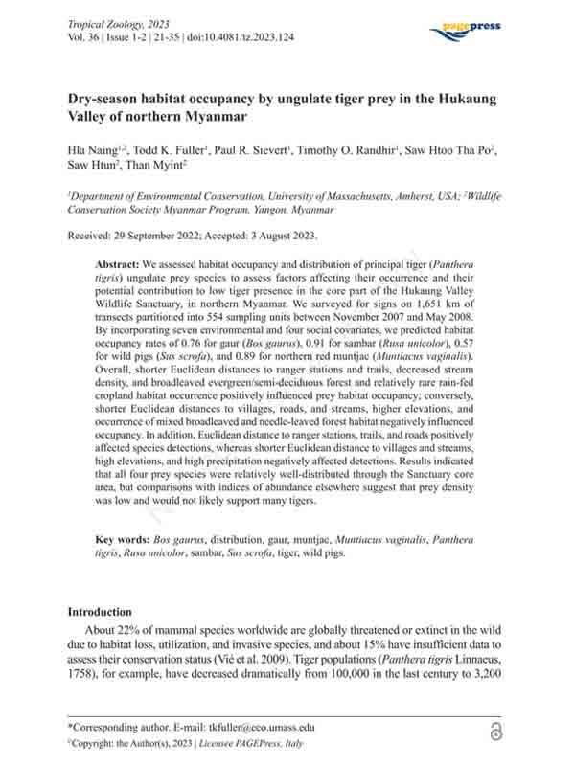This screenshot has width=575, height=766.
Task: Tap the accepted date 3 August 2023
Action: [298, 236]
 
